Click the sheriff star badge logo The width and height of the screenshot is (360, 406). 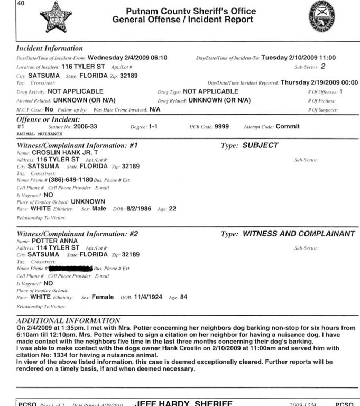pyautogui.click(x=56, y=16)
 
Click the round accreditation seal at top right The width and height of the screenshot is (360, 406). pyautogui.click(x=321, y=16)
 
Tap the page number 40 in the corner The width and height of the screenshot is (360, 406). pyautogui.click(x=6, y=3)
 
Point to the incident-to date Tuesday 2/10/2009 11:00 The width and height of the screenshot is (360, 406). pyautogui.click(x=299, y=58)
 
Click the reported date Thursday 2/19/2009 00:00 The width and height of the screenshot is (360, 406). pyautogui.click(x=319, y=82)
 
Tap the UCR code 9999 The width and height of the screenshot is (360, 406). pyautogui.click(x=221, y=127)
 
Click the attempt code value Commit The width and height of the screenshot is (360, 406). pyautogui.click(x=288, y=127)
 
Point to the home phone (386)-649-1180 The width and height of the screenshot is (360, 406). pyautogui.click(x=71, y=180)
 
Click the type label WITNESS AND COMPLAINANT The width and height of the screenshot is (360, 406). pyautogui.click(x=299, y=234)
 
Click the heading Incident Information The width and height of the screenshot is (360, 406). pyautogui.click(x=50, y=48)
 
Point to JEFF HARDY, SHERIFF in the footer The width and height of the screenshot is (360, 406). pyautogui.click(x=183, y=403)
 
